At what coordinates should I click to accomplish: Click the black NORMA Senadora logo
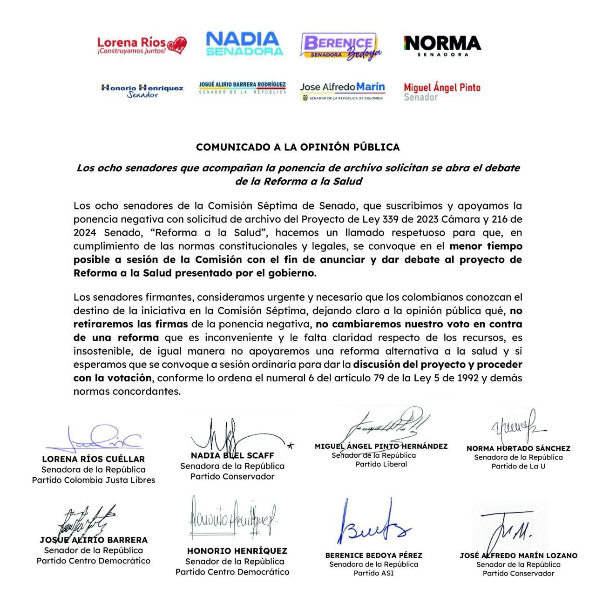pyautogui.click(x=442, y=46)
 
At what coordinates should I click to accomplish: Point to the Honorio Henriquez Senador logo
pyautogui.click(x=142, y=90)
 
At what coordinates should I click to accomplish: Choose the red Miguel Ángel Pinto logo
pyautogui.click(x=442, y=91)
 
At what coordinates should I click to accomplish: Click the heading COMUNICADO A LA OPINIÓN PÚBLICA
pyautogui.click(x=298, y=147)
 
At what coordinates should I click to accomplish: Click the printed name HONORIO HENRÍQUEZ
pyautogui.click(x=237, y=551)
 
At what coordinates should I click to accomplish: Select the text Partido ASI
pyautogui.click(x=373, y=573)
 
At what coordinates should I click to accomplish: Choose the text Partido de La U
pyautogui.click(x=518, y=466)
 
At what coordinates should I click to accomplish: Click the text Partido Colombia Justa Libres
pyautogui.click(x=94, y=480)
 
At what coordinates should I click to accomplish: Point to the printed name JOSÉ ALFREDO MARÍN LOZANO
pyautogui.click(x=518, y=555)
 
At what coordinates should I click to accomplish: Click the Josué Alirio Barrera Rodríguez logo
pyautogui.click(x=242, y=88)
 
